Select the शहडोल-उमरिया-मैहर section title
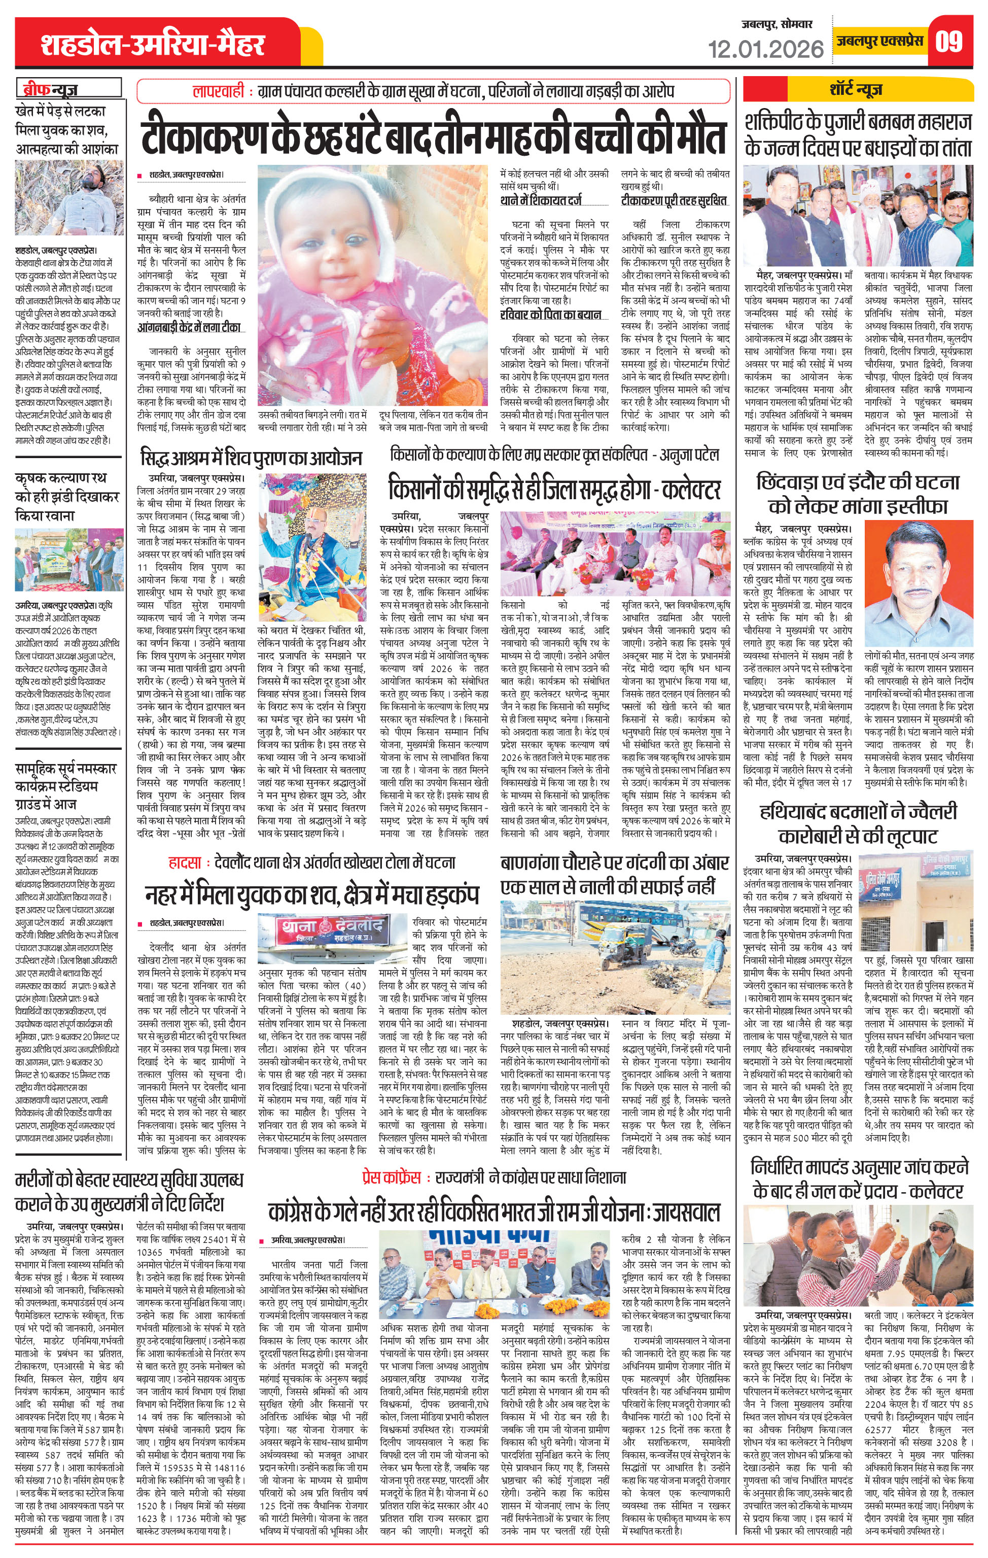tap(153, 45)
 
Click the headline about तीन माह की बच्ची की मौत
tap(434, 136)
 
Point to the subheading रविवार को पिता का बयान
tap(551, 315)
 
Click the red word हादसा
tap(185, 862)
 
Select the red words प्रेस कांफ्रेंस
tap(392, 1177)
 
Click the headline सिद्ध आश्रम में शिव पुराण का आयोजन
tap(251, 458)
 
